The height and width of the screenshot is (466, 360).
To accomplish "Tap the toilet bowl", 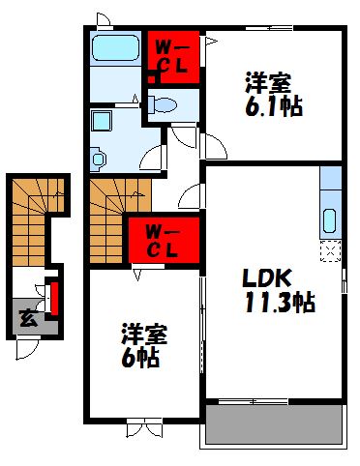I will point(165,105).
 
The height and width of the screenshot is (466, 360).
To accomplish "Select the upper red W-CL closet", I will point(174,58).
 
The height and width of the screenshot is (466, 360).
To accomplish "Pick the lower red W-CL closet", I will point(162,240).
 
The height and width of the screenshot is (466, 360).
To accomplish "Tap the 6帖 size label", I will point(140,357).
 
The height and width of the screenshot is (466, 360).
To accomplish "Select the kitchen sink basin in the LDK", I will point(329,221).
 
